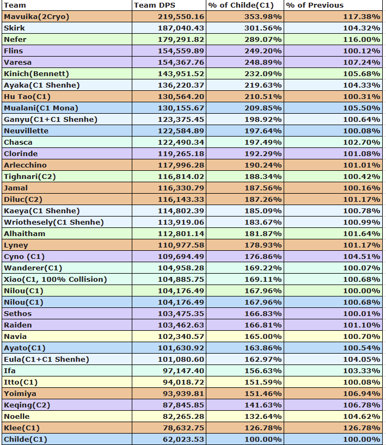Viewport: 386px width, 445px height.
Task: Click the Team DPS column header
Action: [x=151, y=5]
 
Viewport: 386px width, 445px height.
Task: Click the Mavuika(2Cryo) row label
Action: [x=36, y=16]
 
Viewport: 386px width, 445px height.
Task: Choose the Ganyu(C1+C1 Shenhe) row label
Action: [x=51, y=119]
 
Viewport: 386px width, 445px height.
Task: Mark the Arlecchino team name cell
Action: [x=25, y=165]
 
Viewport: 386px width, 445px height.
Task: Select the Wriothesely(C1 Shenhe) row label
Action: [x=53, y=222]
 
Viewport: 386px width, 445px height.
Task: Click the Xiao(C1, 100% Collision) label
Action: [x=55, y=279]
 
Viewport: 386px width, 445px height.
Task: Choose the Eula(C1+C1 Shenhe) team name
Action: [x=46, y=359]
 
